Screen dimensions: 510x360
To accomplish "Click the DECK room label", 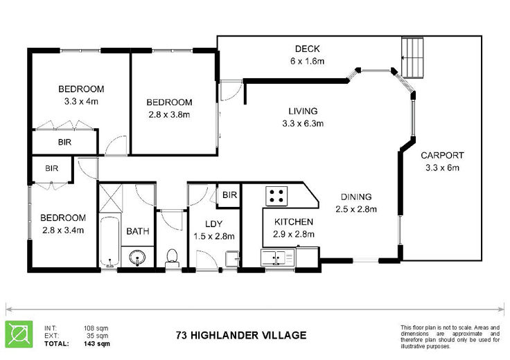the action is point(308,48).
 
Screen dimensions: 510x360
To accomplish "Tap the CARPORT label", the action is point(442,155).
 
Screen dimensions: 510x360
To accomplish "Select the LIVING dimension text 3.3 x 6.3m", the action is point(303,123).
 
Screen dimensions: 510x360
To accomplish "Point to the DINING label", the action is point(356,197).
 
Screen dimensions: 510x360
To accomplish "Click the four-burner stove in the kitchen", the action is point(276,196).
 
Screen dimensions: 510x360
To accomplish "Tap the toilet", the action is point(172,258).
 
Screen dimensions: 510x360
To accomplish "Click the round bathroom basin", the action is point(137,258).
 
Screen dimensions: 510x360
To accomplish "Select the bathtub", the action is point(109,241).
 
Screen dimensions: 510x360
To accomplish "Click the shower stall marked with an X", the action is point(110,198).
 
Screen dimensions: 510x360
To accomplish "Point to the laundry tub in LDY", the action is point(233,259).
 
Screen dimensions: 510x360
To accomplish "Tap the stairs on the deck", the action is point(412,58).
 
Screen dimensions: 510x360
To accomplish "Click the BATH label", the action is point(138,231).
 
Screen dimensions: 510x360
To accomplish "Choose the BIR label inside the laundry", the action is point(229,195).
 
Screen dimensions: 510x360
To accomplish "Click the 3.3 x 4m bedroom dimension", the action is point(81,101).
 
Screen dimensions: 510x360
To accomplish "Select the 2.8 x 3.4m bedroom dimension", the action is point(63,231).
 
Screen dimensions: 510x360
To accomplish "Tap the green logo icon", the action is point(19,334).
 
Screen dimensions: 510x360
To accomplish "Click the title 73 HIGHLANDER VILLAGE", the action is point(241,335).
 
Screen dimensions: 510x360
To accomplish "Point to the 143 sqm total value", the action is point(97,344).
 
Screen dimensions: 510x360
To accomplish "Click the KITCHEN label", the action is point(294,222).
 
